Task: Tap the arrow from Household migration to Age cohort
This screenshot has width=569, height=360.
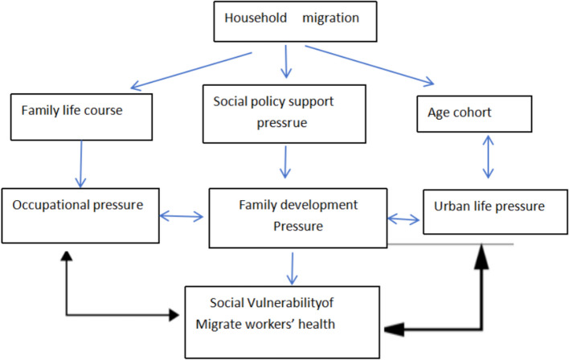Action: tap(370, 67)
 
